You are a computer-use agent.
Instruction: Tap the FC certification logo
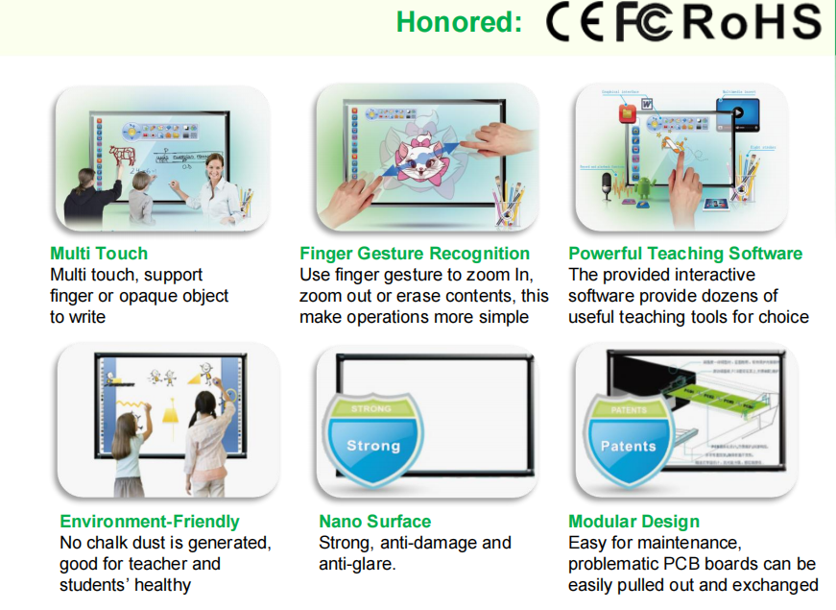coord(645,23)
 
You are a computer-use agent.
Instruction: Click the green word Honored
coord(459,22)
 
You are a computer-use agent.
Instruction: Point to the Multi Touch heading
coord(99,254)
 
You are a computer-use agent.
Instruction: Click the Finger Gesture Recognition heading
coord(415,254)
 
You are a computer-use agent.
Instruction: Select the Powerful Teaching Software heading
coord(685,254)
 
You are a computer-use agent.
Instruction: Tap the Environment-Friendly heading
coord(150,522)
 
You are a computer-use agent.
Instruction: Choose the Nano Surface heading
coord(375,522)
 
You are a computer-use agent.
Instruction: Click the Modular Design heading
coord(634,522)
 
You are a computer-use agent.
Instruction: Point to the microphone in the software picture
coord(608,183)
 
